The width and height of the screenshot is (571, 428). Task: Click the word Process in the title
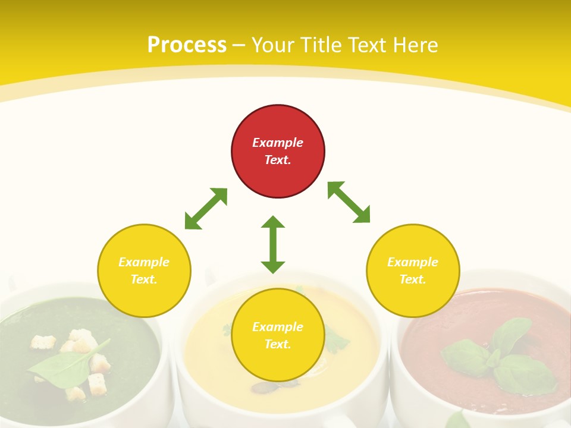[187, 45]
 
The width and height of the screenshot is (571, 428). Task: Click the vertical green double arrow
[273, 244]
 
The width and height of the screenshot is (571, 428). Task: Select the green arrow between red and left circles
[206, 209]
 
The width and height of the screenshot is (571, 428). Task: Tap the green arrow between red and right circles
[349, 202]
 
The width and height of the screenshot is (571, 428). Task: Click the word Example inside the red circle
[278, 143]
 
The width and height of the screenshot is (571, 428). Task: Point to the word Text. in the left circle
[144, 279]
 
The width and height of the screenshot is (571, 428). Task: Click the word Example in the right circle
[413, 262]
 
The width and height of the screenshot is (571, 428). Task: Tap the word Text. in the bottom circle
[278, 344]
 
